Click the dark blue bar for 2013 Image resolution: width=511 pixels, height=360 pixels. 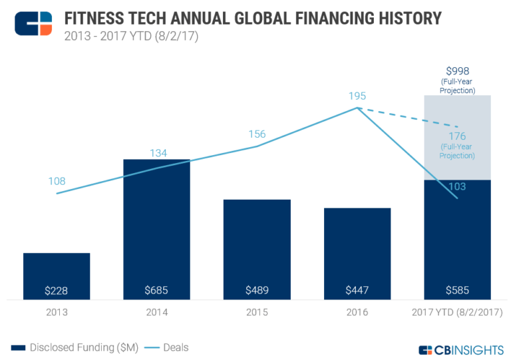coord(57,270)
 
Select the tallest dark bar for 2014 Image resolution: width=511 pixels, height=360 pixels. coord(157,220)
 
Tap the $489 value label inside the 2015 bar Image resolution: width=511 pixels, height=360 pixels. coord(257,291)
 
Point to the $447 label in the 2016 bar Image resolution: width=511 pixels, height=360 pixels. coord(357,291)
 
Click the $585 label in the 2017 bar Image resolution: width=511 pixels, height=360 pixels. coord(457,291)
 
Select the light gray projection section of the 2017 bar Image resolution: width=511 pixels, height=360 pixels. coord(457,113)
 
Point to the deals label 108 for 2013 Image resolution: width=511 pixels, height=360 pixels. coord(57,181)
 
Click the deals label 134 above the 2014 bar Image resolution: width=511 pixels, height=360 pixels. coord(157,153)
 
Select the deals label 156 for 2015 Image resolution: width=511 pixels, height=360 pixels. coord(256,134)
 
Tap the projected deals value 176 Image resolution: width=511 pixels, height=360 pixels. coord(457,136)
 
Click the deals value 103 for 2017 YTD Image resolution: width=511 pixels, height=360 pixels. coord(457,187)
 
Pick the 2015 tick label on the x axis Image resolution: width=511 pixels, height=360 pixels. coord(257,311)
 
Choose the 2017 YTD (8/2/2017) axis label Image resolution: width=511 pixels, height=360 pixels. coord(457,311)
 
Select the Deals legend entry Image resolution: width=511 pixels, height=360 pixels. coord(169,347)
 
